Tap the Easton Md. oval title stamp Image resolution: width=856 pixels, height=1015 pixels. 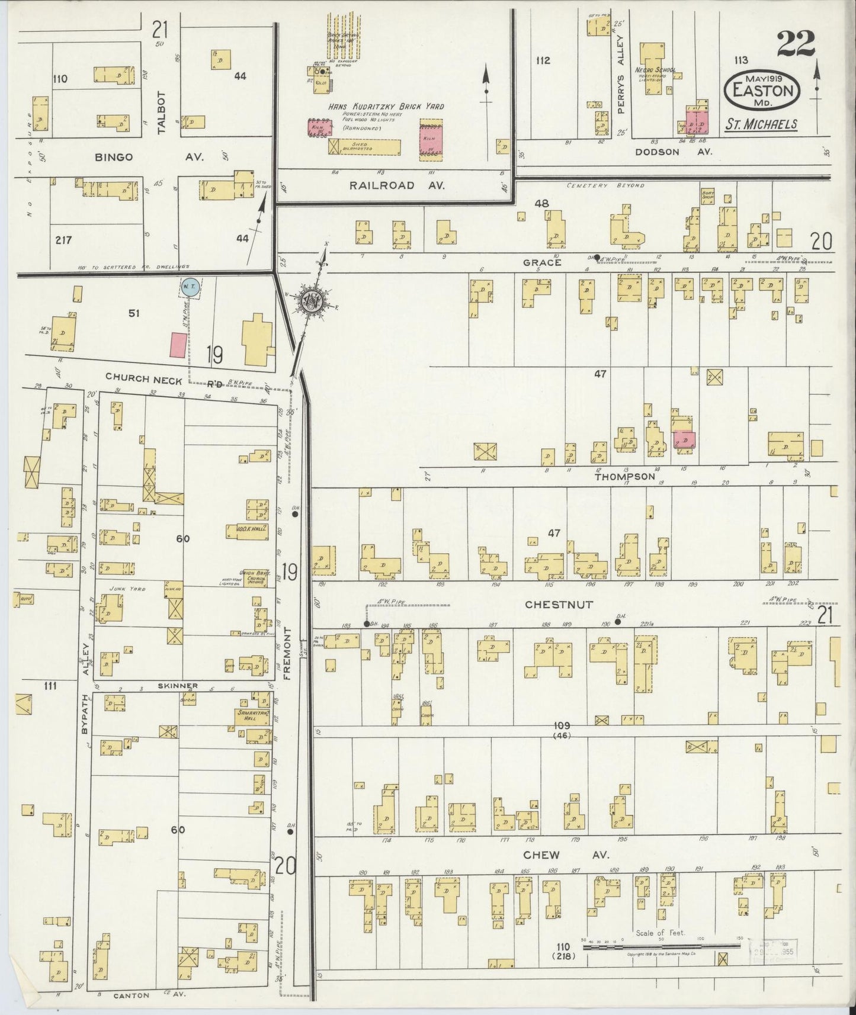[x=762, y=92]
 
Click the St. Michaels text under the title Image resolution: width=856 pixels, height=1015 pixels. [x=761, y=124]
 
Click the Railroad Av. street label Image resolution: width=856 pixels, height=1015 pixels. [x=397, y=185]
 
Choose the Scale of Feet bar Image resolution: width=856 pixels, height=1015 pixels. [x=661, y=946]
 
